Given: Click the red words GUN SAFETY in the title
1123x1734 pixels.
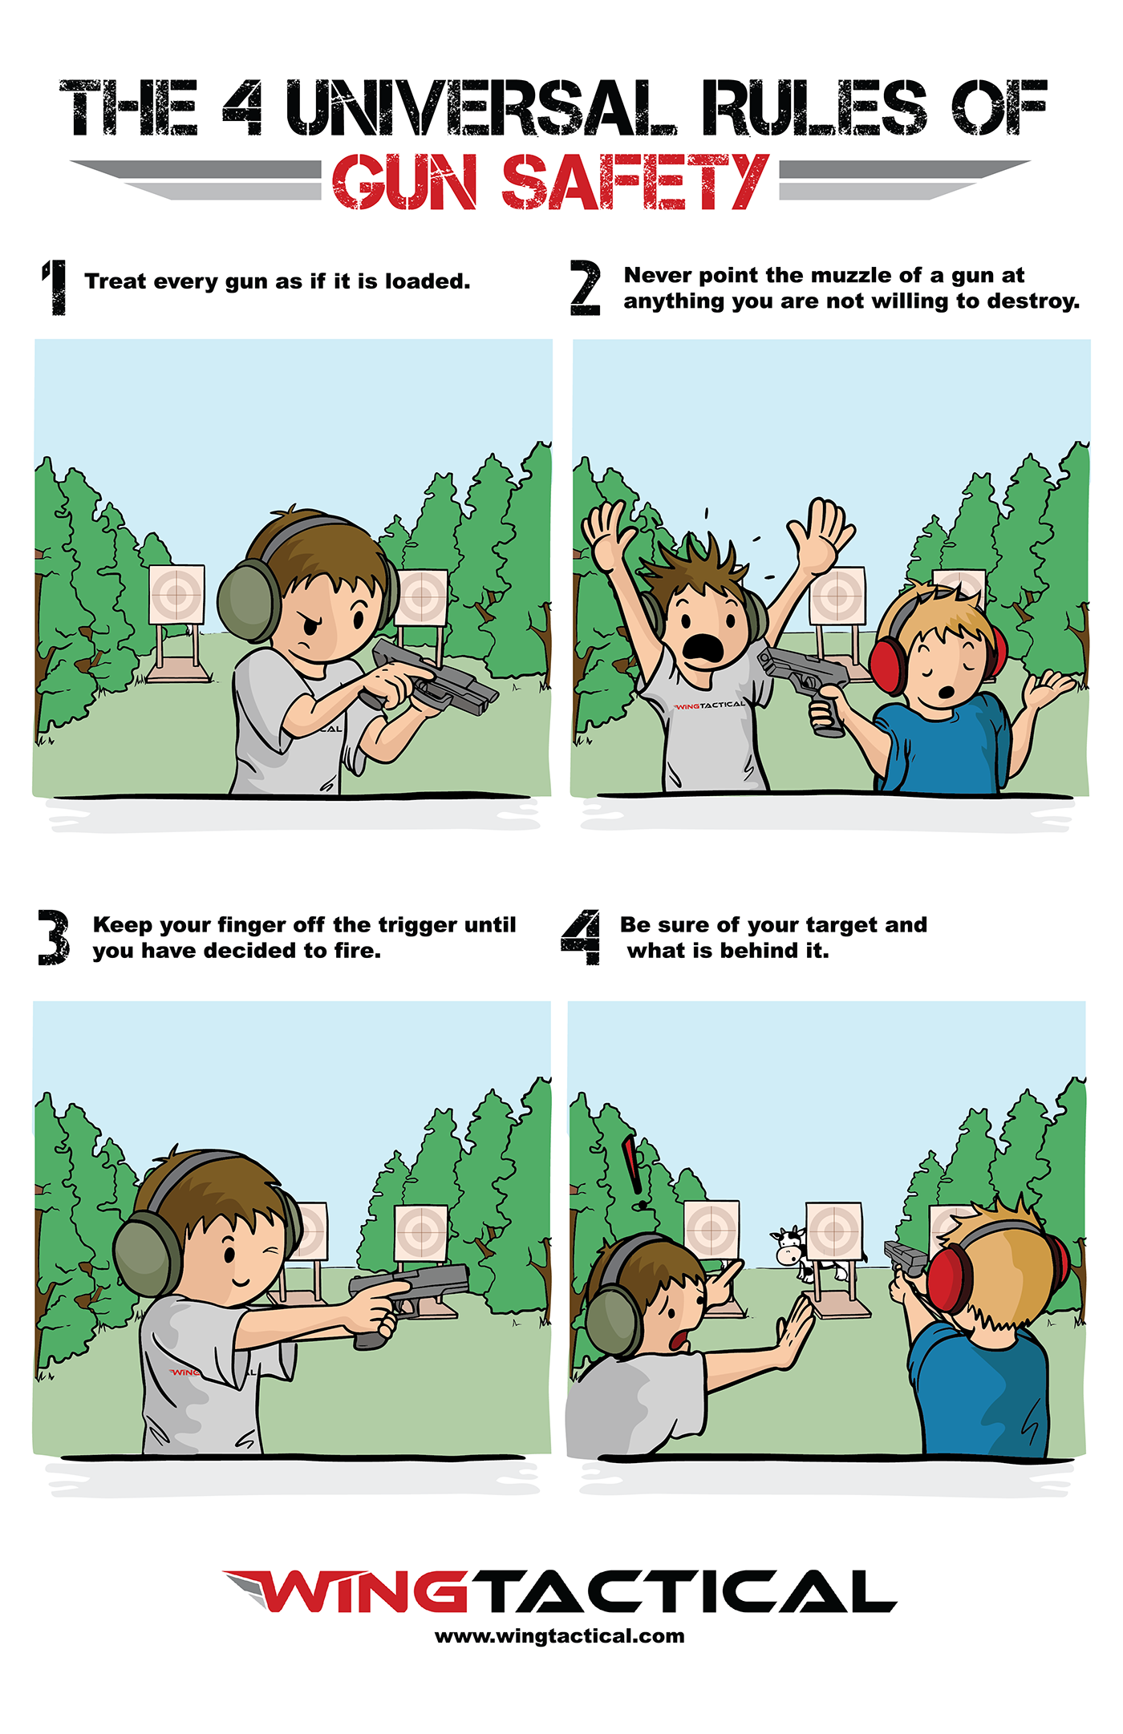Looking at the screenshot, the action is click(551, 182).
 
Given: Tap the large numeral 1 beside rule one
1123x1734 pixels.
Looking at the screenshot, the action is click(55, 287).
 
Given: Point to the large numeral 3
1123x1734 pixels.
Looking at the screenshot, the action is click(54, 937).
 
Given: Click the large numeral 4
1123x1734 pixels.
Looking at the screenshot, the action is click(581, 937).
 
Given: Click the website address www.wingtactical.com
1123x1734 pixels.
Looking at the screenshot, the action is click(560, 1637).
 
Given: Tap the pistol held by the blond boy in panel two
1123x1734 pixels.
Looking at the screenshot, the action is click(809, 687).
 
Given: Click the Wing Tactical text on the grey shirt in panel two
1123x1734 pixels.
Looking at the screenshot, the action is click(709, 705).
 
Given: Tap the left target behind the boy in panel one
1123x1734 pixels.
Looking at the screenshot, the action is click(176, 594).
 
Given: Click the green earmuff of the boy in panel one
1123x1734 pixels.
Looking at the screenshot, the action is click(249, 601).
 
